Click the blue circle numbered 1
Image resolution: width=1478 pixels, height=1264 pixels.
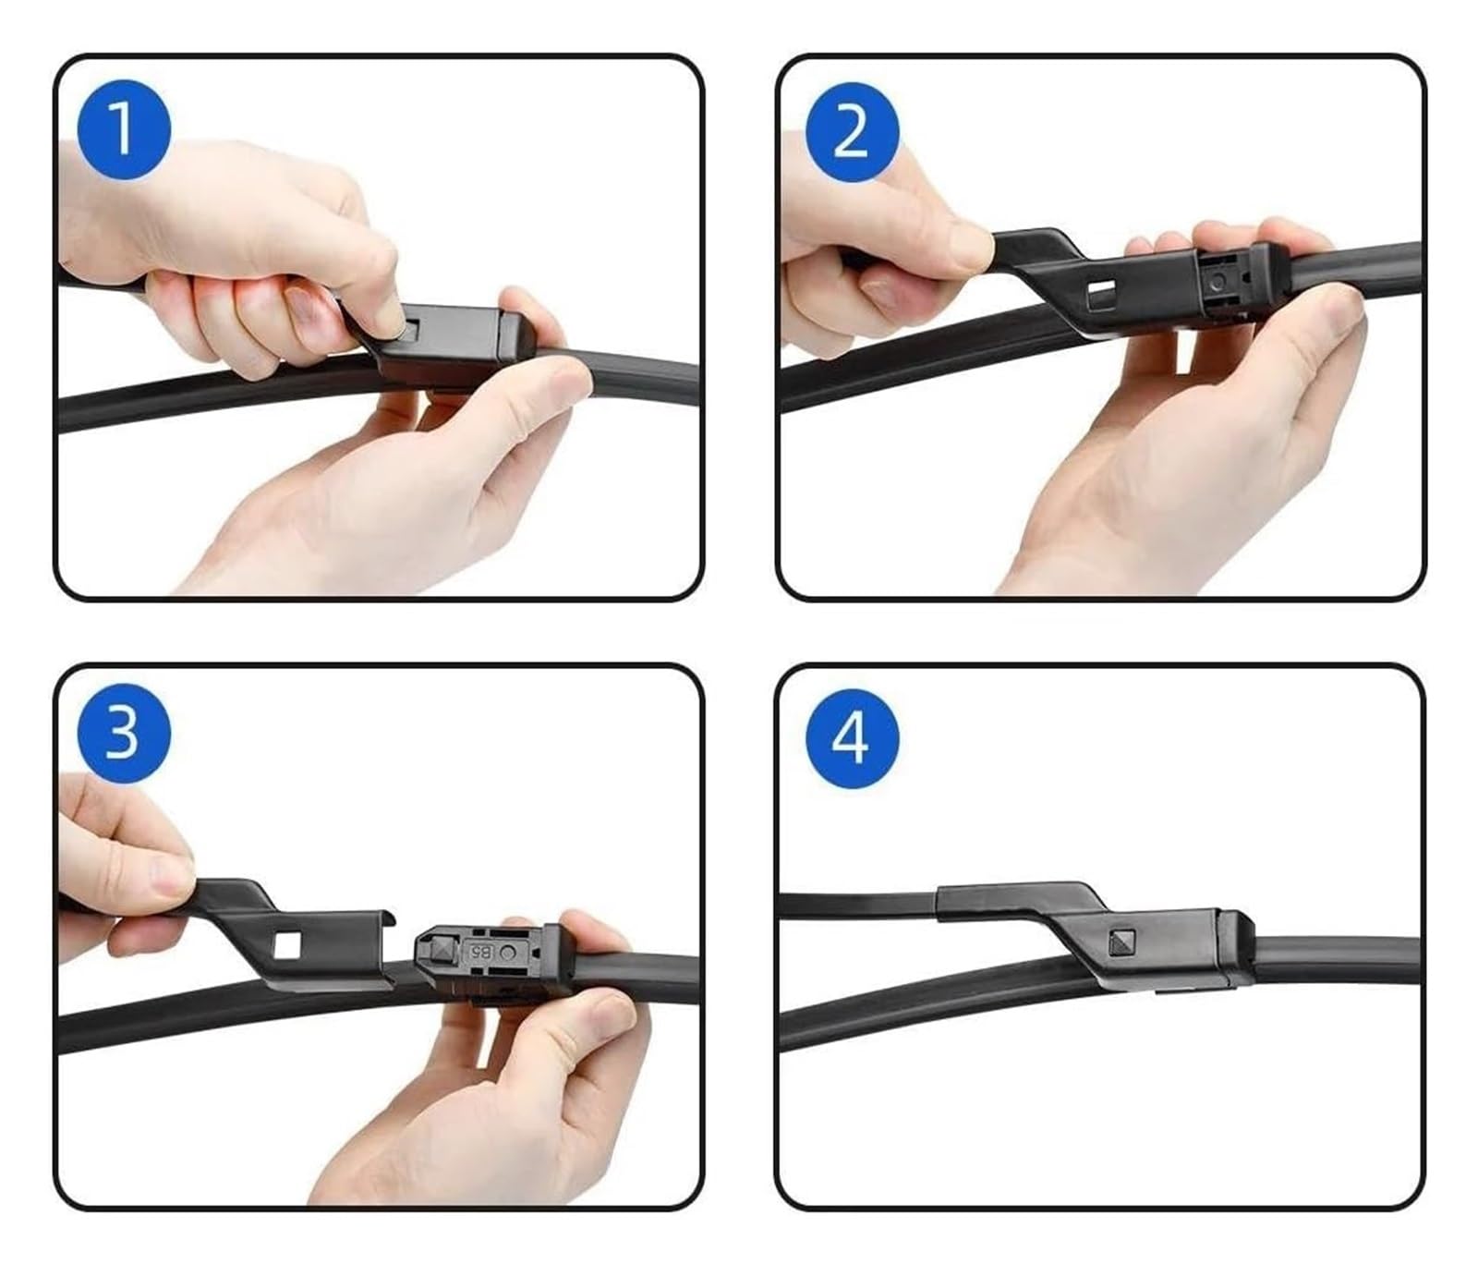(123, 129)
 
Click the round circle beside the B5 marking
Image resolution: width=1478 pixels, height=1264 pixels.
(506, 951)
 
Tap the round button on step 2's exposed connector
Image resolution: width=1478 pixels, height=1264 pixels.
(1220, 280)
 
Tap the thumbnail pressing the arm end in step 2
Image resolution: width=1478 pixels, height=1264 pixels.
(969, 248)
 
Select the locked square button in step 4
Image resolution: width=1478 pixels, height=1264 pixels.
(1120, 942)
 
